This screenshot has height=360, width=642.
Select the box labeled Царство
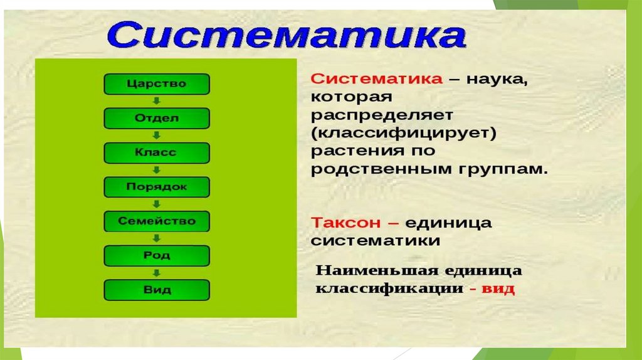click(156, 83)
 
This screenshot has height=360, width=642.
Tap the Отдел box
click(156, 118)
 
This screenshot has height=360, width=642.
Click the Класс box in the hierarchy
click(156, 152)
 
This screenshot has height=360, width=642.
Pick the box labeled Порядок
click(156, 187)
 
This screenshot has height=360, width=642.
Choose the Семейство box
click(156, 221)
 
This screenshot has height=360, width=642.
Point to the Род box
click(156, 255)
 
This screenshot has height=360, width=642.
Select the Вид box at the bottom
click(156, 290)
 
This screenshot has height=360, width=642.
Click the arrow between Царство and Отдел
click(157, 101)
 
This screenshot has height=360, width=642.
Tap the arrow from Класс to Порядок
click(157, 169)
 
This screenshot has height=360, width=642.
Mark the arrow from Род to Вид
click(157, 273)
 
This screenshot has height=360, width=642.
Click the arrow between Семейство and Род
click(157, 238)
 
